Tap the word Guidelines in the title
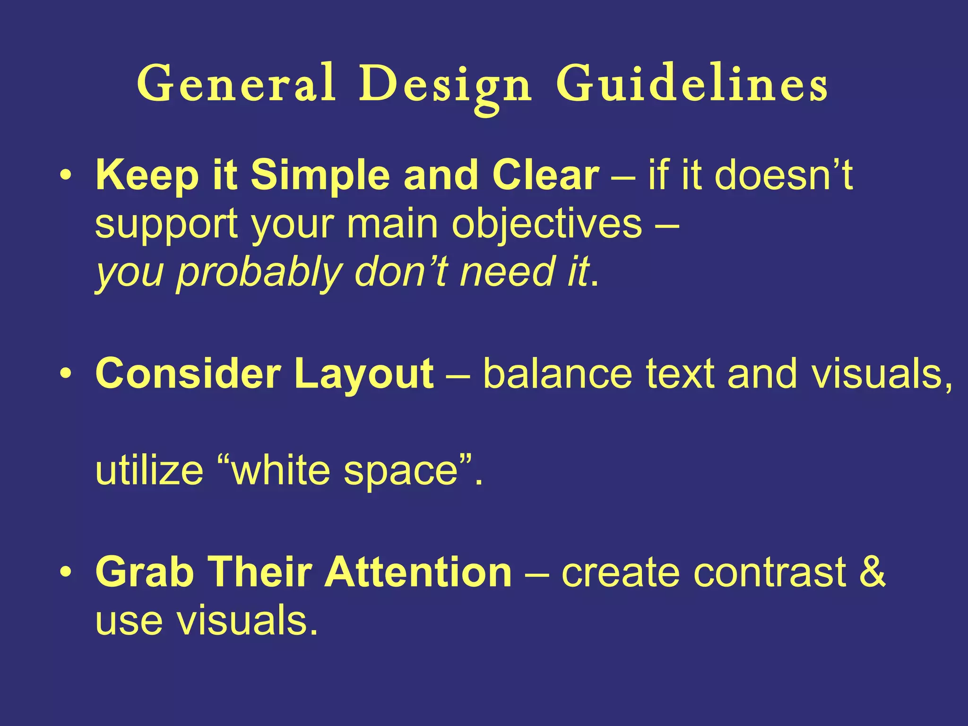[691, 84]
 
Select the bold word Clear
[545, 175]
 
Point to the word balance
[557, 374]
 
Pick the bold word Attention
[418, 572]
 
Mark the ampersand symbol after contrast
[872, 571]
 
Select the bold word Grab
[145, 572]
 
